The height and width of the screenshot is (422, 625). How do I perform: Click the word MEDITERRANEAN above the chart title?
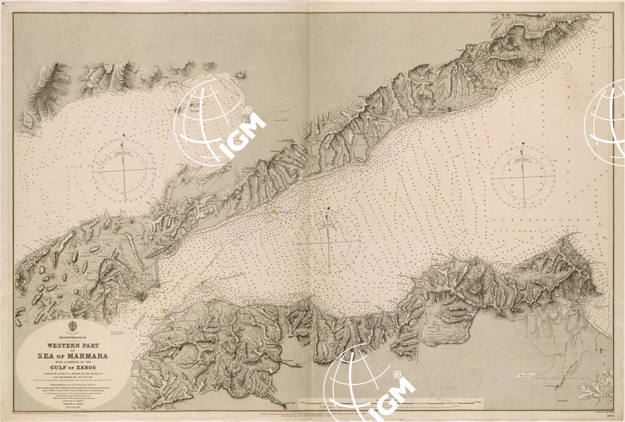coord(73,338)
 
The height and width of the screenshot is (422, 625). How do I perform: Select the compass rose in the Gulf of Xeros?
coord(124,168)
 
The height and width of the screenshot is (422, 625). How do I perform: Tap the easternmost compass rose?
coord(522,177)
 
